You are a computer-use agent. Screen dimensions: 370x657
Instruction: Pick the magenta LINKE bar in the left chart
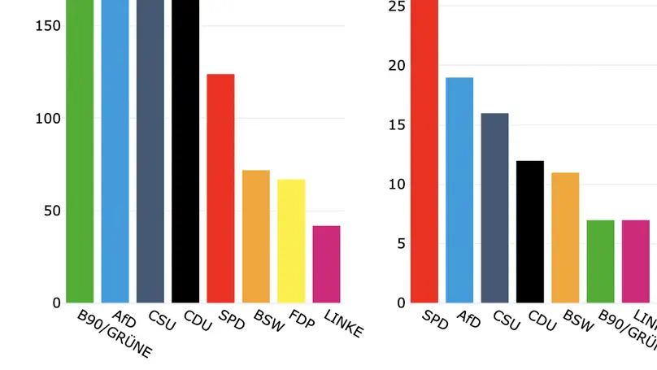point(326,264)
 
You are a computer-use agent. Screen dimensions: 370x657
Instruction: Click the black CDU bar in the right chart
point(530,232)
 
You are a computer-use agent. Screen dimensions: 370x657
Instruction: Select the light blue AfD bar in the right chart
point(459,190)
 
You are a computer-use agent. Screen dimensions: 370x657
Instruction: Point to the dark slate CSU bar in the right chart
point(494,208)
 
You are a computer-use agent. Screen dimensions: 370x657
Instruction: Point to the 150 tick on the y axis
point(49,26)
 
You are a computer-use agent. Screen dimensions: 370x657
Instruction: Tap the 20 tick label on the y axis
point(396,66)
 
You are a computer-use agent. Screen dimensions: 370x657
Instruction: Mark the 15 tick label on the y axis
point(396,125)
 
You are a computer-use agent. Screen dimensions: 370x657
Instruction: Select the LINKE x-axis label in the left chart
point(343,323)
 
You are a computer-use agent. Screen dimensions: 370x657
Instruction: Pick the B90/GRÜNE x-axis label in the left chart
point(114,333)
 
